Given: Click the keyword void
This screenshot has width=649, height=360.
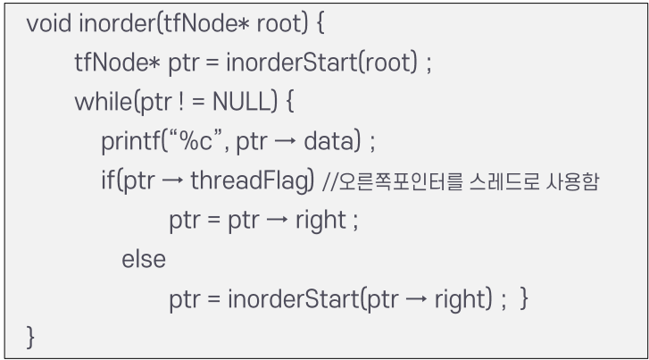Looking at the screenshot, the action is tap(48, 24).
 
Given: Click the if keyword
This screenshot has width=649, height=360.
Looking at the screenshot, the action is tap(105, 181).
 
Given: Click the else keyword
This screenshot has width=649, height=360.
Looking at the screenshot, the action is tap(144, 260).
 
